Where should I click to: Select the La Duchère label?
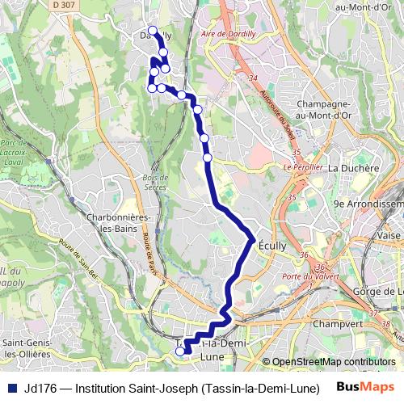click(354, 168)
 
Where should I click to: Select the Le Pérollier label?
click(303, 167)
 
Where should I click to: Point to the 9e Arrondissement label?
click(367, 204)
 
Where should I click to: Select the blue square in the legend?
click(11, 385)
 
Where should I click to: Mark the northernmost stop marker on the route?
click(152, 31)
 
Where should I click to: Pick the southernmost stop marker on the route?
click(180, 351)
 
